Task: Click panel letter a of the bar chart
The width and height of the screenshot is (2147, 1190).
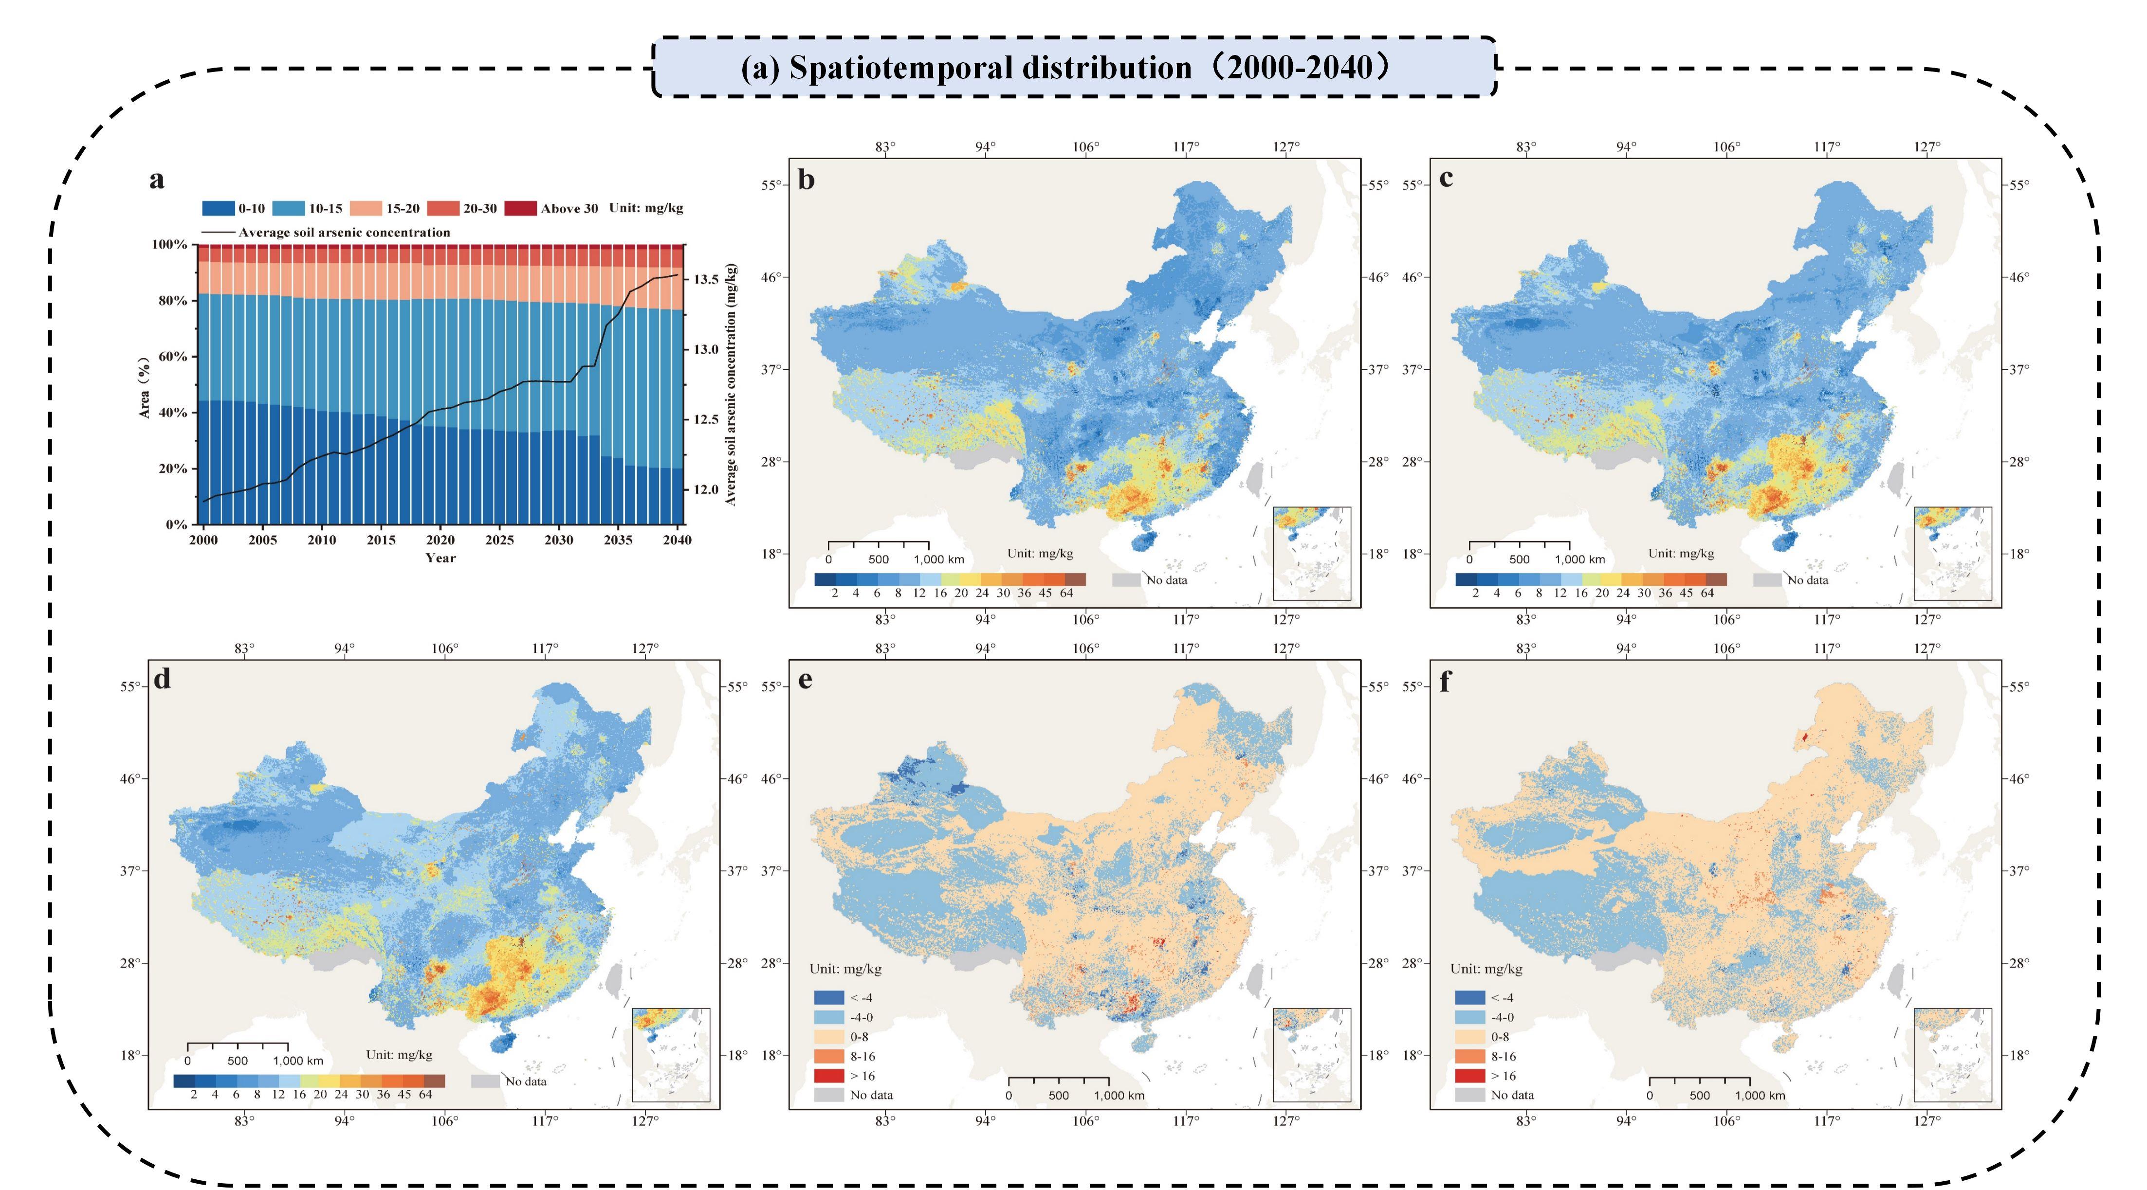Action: click(157, 180)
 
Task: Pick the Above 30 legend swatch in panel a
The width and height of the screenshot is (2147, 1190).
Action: click(521, 208)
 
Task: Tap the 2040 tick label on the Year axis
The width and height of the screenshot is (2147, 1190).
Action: click(677, 540)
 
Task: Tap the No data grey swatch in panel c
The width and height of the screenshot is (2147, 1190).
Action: click(1767, 579)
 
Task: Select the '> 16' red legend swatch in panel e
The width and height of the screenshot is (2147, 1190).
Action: click(828, 1076)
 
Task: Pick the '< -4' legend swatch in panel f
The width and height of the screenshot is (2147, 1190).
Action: click(1469, 997)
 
